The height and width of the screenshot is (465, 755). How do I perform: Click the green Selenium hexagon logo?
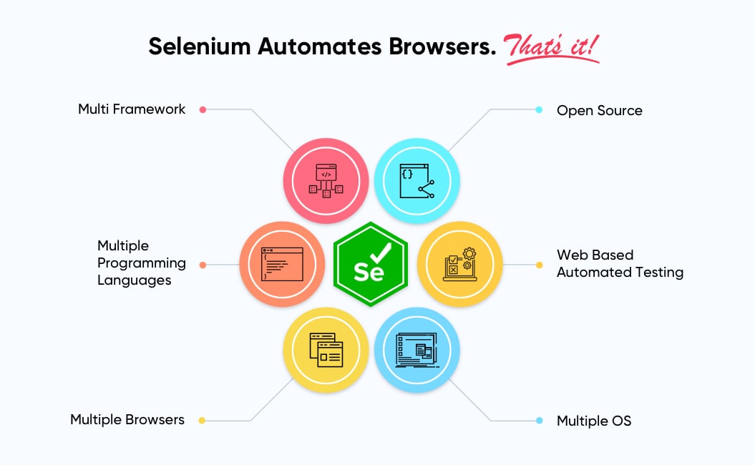[370, 265]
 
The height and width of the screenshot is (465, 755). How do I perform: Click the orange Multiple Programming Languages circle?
[282, 264]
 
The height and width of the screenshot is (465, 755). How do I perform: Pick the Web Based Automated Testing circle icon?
[459, 264]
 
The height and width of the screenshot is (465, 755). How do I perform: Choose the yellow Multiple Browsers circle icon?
[326, 350]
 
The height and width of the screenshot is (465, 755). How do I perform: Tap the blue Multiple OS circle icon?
[417, 350]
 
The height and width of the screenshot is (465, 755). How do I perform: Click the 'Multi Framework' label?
[132, 109]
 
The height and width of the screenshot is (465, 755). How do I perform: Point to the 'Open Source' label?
[599, 111]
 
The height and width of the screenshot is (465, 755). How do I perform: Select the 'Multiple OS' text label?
[594, 421]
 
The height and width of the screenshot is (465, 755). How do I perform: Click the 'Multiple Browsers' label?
[127, 420]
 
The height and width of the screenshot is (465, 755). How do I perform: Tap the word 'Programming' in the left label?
[142, 263]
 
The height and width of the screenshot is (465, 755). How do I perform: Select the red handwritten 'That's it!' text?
[552, 46]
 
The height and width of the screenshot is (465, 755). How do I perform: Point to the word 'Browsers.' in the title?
[443, 46]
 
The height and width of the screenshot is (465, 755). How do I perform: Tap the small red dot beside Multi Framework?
[203, 109]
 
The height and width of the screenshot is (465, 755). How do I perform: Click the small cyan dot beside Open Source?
[539, 109]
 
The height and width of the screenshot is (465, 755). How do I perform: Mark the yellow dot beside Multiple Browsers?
[202, 421]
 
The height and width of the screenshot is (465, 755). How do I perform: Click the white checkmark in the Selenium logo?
[381, 252]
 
